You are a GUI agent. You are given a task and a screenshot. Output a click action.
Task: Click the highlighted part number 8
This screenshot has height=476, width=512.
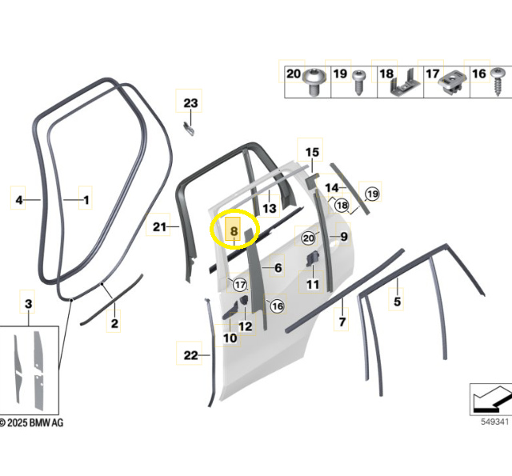pyautogui.click(x=234, y=230)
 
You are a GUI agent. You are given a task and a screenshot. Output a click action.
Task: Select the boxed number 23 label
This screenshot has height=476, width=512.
pyautogui.click(x=190, y=103)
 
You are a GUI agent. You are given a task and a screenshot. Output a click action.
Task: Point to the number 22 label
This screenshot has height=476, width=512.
pyautogui.click(x=190, y=355)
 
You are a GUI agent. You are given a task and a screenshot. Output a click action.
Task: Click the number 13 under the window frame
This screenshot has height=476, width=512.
pyautogui.click(x=269, y=208)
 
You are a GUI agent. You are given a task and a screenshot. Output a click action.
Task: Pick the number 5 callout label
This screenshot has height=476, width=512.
pyautogui.click(x=397, y=302)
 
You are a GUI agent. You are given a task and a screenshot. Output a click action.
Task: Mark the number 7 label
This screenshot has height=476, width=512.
pyautogui.click(x=342, y=322)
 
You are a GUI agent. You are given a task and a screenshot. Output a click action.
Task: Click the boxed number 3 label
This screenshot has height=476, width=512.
pyautogui.click(x=29, y=304)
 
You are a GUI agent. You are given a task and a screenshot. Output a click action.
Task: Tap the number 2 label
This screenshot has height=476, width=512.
pyautogui.click(x=114, y=324)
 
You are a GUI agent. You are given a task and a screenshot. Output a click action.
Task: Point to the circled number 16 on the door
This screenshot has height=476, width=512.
pyautogui.click(x=277, y=306)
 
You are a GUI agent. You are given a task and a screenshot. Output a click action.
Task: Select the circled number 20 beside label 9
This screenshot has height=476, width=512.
pyautogui.click(x=310, y=238)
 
